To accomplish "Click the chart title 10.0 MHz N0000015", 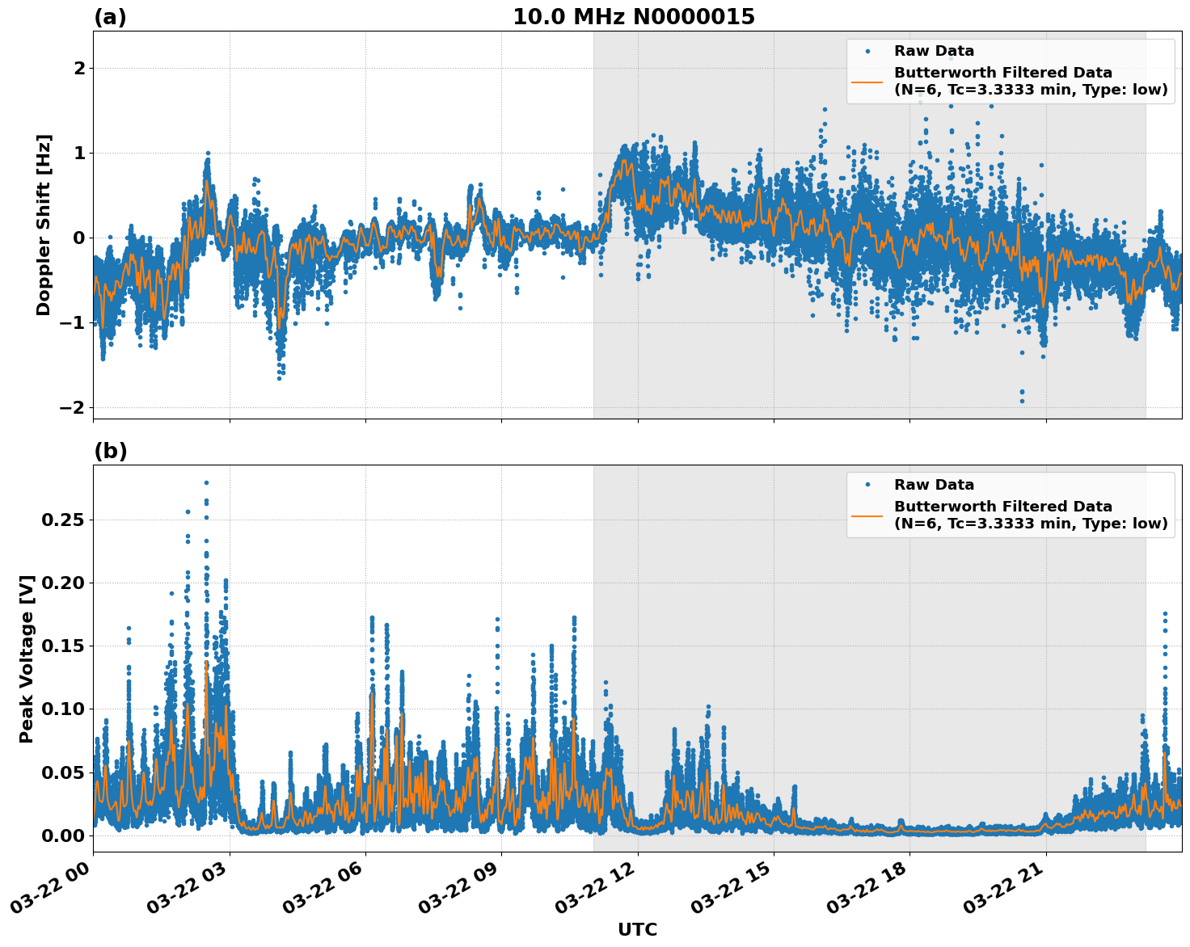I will (633, 17).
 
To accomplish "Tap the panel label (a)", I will (110, 17).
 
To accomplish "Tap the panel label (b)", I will (110, 451).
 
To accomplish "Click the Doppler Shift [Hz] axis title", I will (44, 225).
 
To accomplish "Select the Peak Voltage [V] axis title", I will (27, 659).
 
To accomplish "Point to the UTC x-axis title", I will (637, 929).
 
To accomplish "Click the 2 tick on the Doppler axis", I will (79, 69).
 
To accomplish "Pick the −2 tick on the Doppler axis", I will (73, 407).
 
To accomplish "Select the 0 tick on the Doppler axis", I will (79, 238).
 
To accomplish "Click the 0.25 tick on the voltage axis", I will (63, 520).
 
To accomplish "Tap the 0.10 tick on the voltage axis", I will (63, 709).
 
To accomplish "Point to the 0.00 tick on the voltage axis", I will (63, 835).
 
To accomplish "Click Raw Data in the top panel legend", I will (934, 51).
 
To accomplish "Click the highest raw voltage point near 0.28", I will (206, 482).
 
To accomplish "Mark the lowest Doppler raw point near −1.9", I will (1021, 401).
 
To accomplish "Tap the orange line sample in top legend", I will (867, 82).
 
